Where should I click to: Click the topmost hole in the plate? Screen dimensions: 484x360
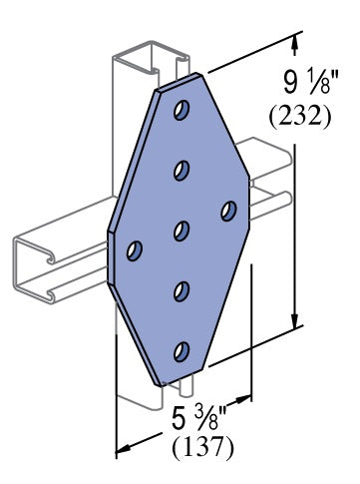pos(181,109)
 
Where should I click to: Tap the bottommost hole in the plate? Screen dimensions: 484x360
pos(181,351)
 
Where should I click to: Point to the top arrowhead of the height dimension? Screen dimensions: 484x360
pos(295,40)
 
